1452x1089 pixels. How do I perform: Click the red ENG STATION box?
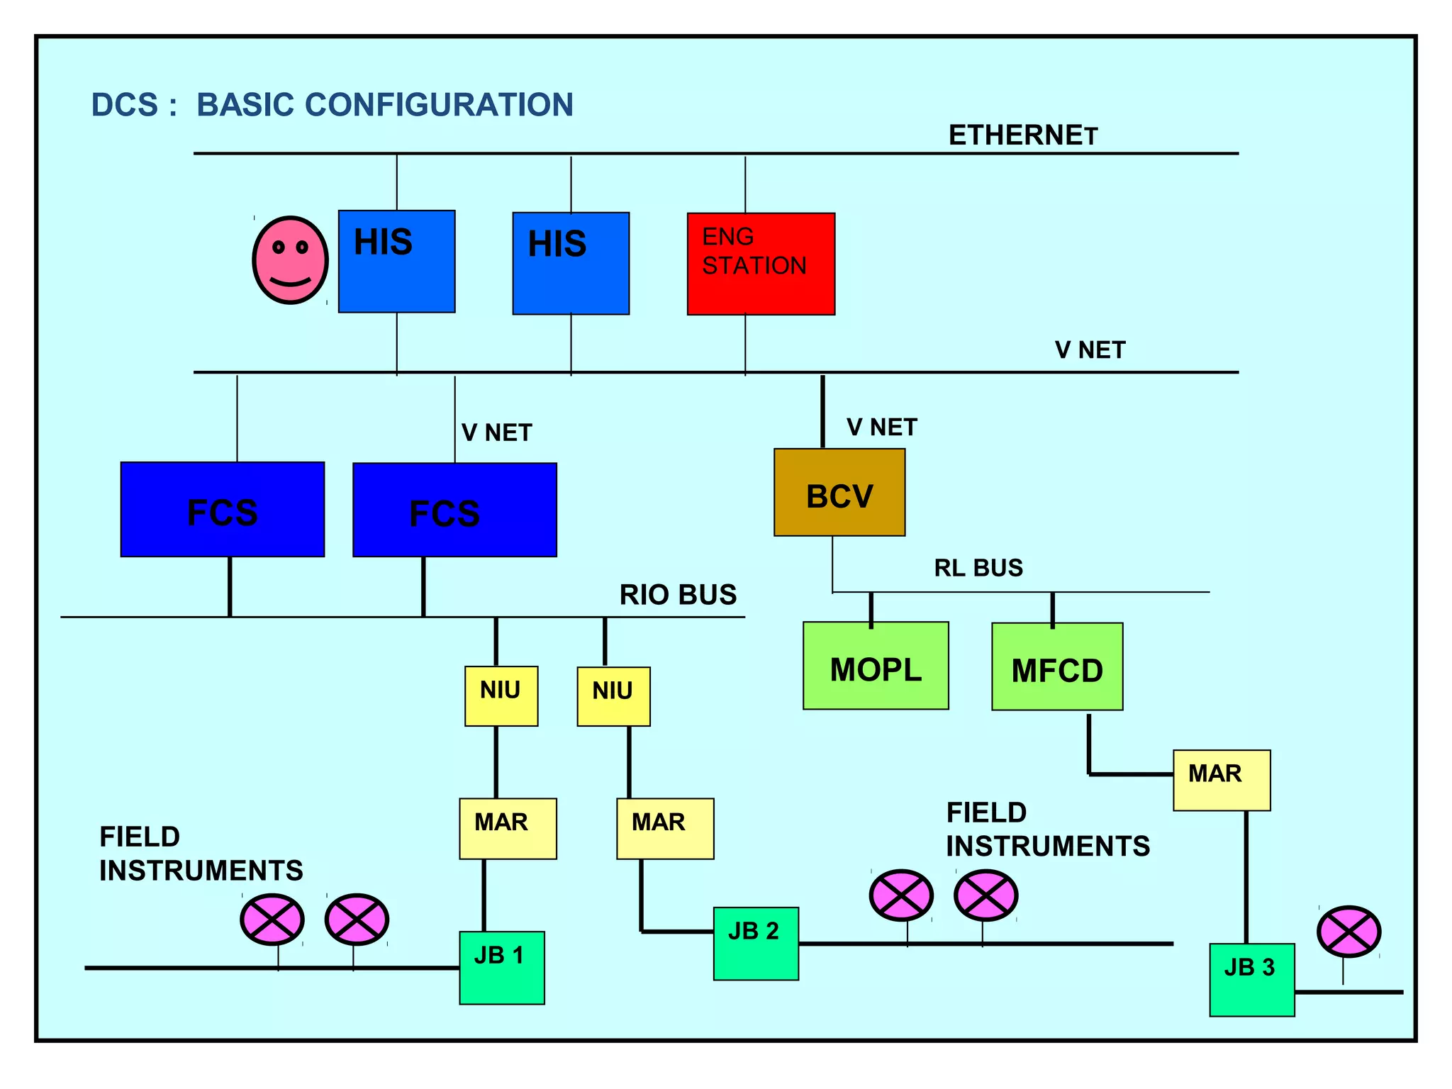[761, 264]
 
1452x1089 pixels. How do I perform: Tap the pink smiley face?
[291, 260]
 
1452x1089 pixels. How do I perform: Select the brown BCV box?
[839, 493]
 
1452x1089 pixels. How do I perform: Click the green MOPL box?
[876, 666]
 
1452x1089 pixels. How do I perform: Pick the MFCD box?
[1057, 667]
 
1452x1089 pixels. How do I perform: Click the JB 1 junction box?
[502, 968]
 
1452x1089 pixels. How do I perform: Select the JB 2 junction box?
[756, 944]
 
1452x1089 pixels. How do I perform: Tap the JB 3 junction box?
[1252, 980]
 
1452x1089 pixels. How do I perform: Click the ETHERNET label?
[1023, 135]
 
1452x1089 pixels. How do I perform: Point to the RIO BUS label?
[678, 595]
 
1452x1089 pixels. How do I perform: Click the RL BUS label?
[978, 568]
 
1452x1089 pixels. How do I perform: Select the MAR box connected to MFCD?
[1222, 780]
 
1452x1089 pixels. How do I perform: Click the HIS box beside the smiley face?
[396, 261]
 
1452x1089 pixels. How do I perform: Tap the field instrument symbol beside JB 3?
[1348, 932]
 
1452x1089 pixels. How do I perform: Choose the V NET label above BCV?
[881, 428]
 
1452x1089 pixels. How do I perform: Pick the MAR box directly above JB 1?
[508, 829]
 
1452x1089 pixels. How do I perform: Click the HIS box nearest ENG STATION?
[571, 263]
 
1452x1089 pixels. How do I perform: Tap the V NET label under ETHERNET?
[1090, 350]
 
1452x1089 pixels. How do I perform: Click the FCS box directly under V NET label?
[454, 510]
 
